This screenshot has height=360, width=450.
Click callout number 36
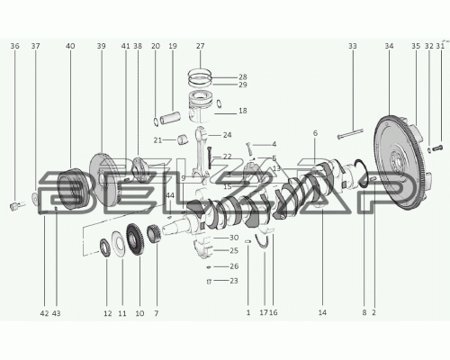tap(14, 46)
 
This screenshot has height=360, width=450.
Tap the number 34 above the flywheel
tap(389, 46)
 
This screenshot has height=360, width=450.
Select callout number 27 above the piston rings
tap(200, 46)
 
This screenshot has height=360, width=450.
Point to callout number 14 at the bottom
tap(322, 312)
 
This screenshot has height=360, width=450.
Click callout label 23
tap(234, 281)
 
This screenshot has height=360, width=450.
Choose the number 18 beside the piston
tap(243, 111)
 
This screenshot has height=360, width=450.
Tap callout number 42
tap(44, 313)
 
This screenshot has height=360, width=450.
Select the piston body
tap(201, 107)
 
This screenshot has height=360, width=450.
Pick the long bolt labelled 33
tap(350, 134)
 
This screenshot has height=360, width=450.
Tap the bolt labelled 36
tap(16, 206)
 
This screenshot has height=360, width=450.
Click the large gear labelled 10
tap(135, 239)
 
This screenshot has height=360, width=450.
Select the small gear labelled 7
tap(154, 234)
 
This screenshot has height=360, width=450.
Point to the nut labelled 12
tap(104, 247)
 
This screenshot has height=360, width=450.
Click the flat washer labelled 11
tap(118, 244)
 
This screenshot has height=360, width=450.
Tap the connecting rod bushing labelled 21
tap(183, 139)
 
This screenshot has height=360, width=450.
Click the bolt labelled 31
tap(438, 148)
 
